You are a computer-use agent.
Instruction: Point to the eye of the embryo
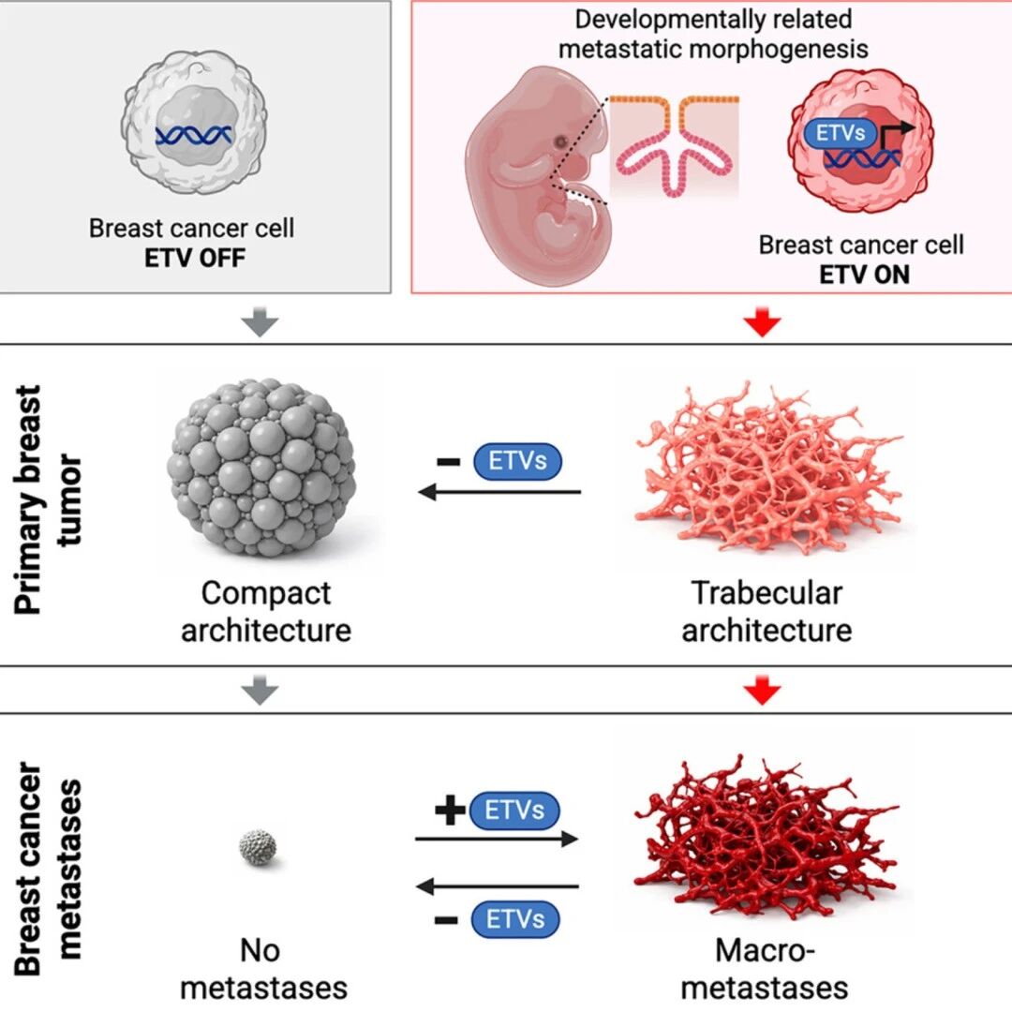(x=561, y=141)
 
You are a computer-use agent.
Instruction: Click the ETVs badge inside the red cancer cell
(x=840, y=134)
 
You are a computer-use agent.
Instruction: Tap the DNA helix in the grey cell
(x=194, y=136)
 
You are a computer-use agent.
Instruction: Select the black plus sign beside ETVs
(x=450, y=810)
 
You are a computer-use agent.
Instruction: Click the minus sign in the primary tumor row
(x=449, y=461)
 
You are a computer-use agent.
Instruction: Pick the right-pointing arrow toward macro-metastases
(x=497, y=839)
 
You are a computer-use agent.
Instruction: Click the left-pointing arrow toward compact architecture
(x=499, y=492)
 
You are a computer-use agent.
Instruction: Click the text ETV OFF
(x=195, y=259)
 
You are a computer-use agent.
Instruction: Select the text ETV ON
(x=864, y=275)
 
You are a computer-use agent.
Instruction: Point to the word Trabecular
(x=766, y=593)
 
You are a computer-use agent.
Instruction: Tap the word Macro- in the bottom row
(x=766, y=951)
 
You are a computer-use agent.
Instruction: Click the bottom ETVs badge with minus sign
(x=515, y=919)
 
